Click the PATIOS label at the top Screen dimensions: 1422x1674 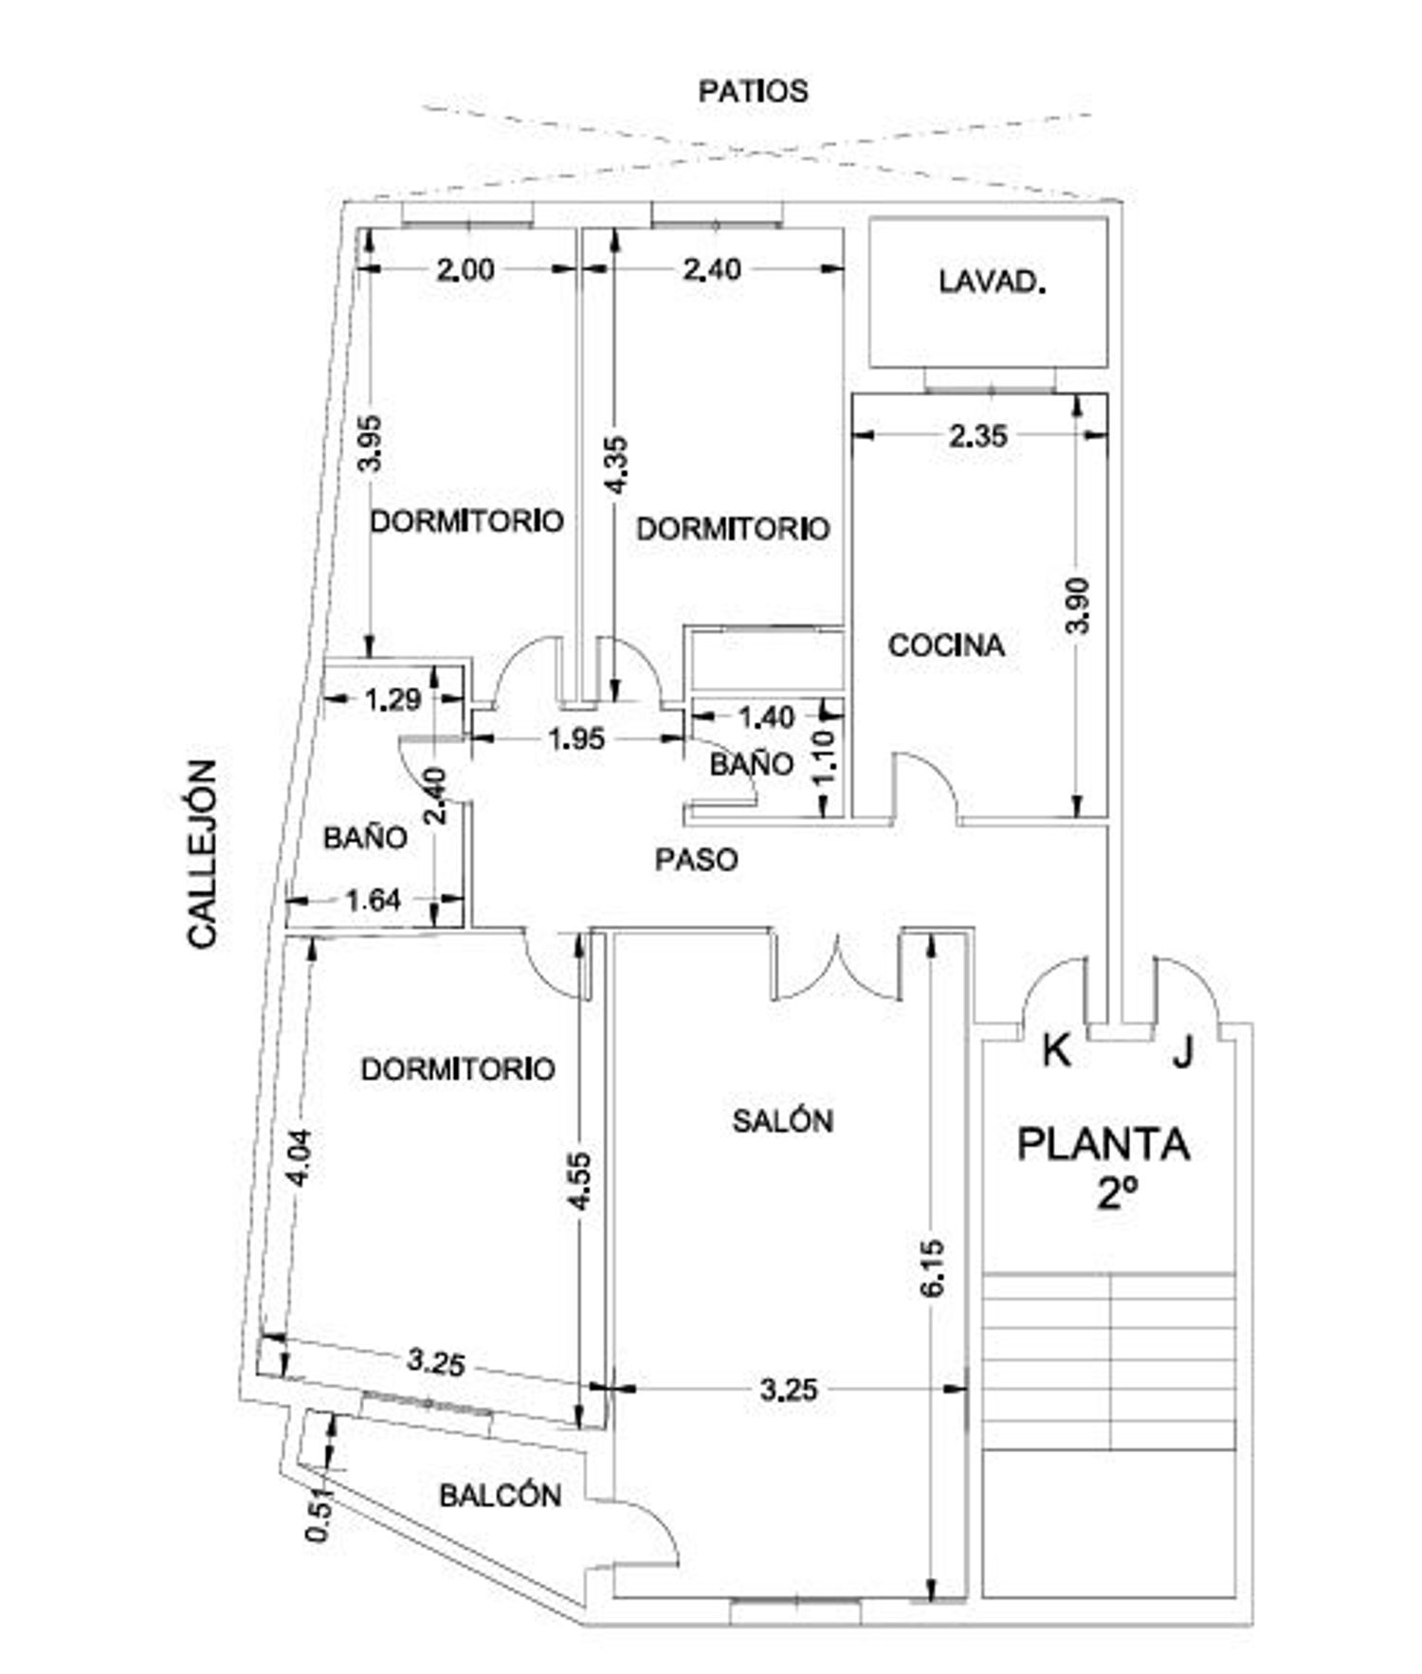click(x=753, y=91)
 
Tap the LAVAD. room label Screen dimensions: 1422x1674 click(x=992, y=282)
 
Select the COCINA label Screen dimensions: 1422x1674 click(x=946, y=646)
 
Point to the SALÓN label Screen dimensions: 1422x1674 click(x=783, y=1120)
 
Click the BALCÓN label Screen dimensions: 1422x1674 click(x=501, y=1495)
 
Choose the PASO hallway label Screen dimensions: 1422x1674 click(x=697, y=860)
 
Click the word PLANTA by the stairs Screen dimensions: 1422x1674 click(x=1103, y=1143)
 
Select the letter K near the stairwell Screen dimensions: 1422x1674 click(x=1057, y=1051)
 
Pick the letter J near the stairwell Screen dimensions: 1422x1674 click(x=1182, y=1051)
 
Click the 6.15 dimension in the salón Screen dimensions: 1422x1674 click(x=933, y=1268)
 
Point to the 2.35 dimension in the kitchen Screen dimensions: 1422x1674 click(x=978, y=436)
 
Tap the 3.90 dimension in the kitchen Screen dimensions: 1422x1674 click(x=1079, y=605)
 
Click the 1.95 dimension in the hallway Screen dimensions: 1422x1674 click(x=576, y=738)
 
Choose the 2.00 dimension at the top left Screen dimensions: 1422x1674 click(x=465, y=270)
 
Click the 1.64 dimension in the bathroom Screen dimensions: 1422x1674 click(x=374, y=900)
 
